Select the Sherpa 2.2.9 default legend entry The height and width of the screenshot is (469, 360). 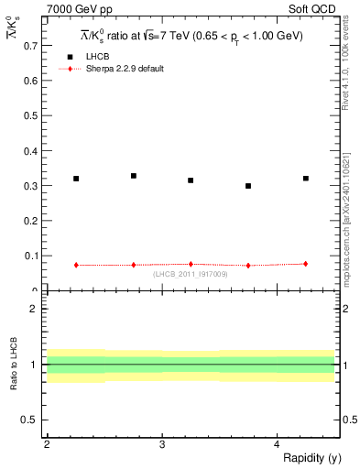pyautogui.click(x=125, y=69)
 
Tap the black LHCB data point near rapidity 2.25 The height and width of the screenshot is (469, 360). pyautogui.click(x=76, y=179)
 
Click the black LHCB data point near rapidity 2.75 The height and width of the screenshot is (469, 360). pyautogui.click(x=134, y=176)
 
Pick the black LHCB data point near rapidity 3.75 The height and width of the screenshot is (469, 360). pyautogui.click(x=248, y=186)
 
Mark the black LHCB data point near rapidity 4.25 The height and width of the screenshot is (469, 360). pyautogui.click(x=306, y=179)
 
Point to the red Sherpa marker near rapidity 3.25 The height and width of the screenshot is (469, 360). pyautogui.click(x=191, y=264)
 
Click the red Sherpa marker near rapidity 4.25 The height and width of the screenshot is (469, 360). pyautogui.click(x=306, y=264)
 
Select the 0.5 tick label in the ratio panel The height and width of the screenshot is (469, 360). pyautogui.click(x=30, y=420)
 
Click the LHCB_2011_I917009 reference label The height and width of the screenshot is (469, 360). pyautogui.click(x=191, y=274)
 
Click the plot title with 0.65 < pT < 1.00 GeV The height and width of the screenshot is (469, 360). pyautogui.click(x=191, y=36)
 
